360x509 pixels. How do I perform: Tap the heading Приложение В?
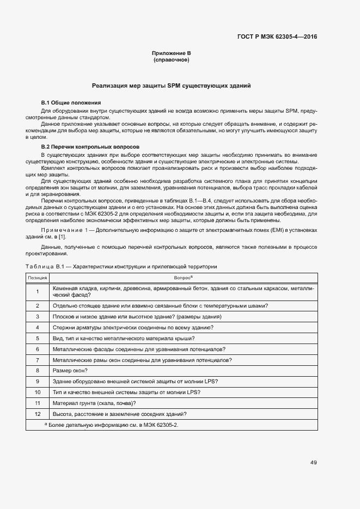171,53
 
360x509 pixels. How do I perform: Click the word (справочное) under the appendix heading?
171,59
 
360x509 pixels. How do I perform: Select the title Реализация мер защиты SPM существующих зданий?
171,85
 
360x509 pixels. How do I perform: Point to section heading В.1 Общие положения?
71,103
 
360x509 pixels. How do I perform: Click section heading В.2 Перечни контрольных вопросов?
90,147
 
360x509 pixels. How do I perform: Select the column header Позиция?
38,278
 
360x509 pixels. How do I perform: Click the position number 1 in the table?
38,291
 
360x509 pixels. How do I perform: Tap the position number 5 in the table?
38,338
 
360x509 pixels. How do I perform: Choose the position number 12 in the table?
38,414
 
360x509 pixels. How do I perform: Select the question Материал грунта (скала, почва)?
94,403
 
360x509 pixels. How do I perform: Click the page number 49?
313,463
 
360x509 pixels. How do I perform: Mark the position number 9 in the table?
38,382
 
